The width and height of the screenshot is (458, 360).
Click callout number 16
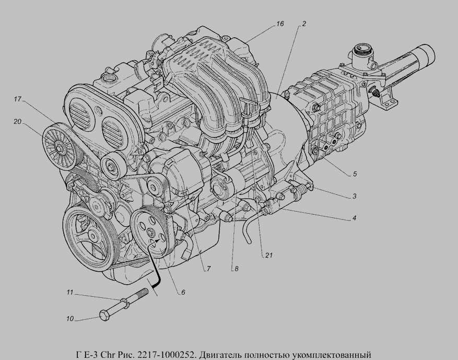click(280, 24)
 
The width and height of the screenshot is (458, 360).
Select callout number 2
click(304, 24)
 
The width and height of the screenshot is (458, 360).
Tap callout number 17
click(18, 99)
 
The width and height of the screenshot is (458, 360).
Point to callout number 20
click(18, 121)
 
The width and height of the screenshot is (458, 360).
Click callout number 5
click(355, 174)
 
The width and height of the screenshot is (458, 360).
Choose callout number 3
click(354, 196)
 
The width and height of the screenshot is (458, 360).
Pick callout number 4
click(354, 218)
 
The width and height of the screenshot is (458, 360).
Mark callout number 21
click(269, 255)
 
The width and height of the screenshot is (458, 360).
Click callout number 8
click(236, 269)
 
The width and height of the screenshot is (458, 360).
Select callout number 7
click(209, 269)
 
